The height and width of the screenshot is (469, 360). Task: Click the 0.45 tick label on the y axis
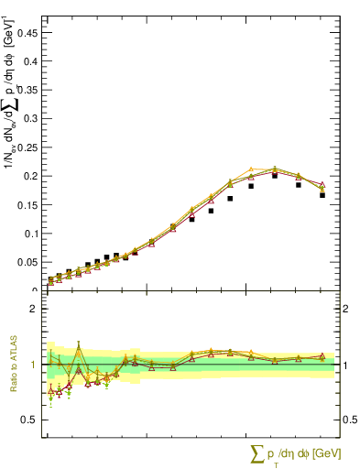[30, 31]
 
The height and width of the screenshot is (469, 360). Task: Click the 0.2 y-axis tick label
[33, 176]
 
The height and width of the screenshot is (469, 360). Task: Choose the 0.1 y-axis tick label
[33, 234]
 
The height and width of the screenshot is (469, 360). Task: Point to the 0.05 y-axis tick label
[30, 262]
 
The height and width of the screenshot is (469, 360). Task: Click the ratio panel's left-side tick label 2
[36, 309]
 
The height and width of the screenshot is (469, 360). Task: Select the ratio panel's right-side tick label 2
[345, 309]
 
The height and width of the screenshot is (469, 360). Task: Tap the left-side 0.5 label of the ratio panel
[32, 420]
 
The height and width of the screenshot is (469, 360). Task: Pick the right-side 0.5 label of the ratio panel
[349, 420]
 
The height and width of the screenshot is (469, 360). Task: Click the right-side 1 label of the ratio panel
[345, 365]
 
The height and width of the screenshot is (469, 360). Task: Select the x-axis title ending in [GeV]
[296, 454]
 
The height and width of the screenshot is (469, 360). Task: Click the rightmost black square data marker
[322, 195]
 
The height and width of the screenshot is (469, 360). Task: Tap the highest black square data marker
[275, 175]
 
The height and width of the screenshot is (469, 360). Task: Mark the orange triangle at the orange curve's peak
[251, 169]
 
